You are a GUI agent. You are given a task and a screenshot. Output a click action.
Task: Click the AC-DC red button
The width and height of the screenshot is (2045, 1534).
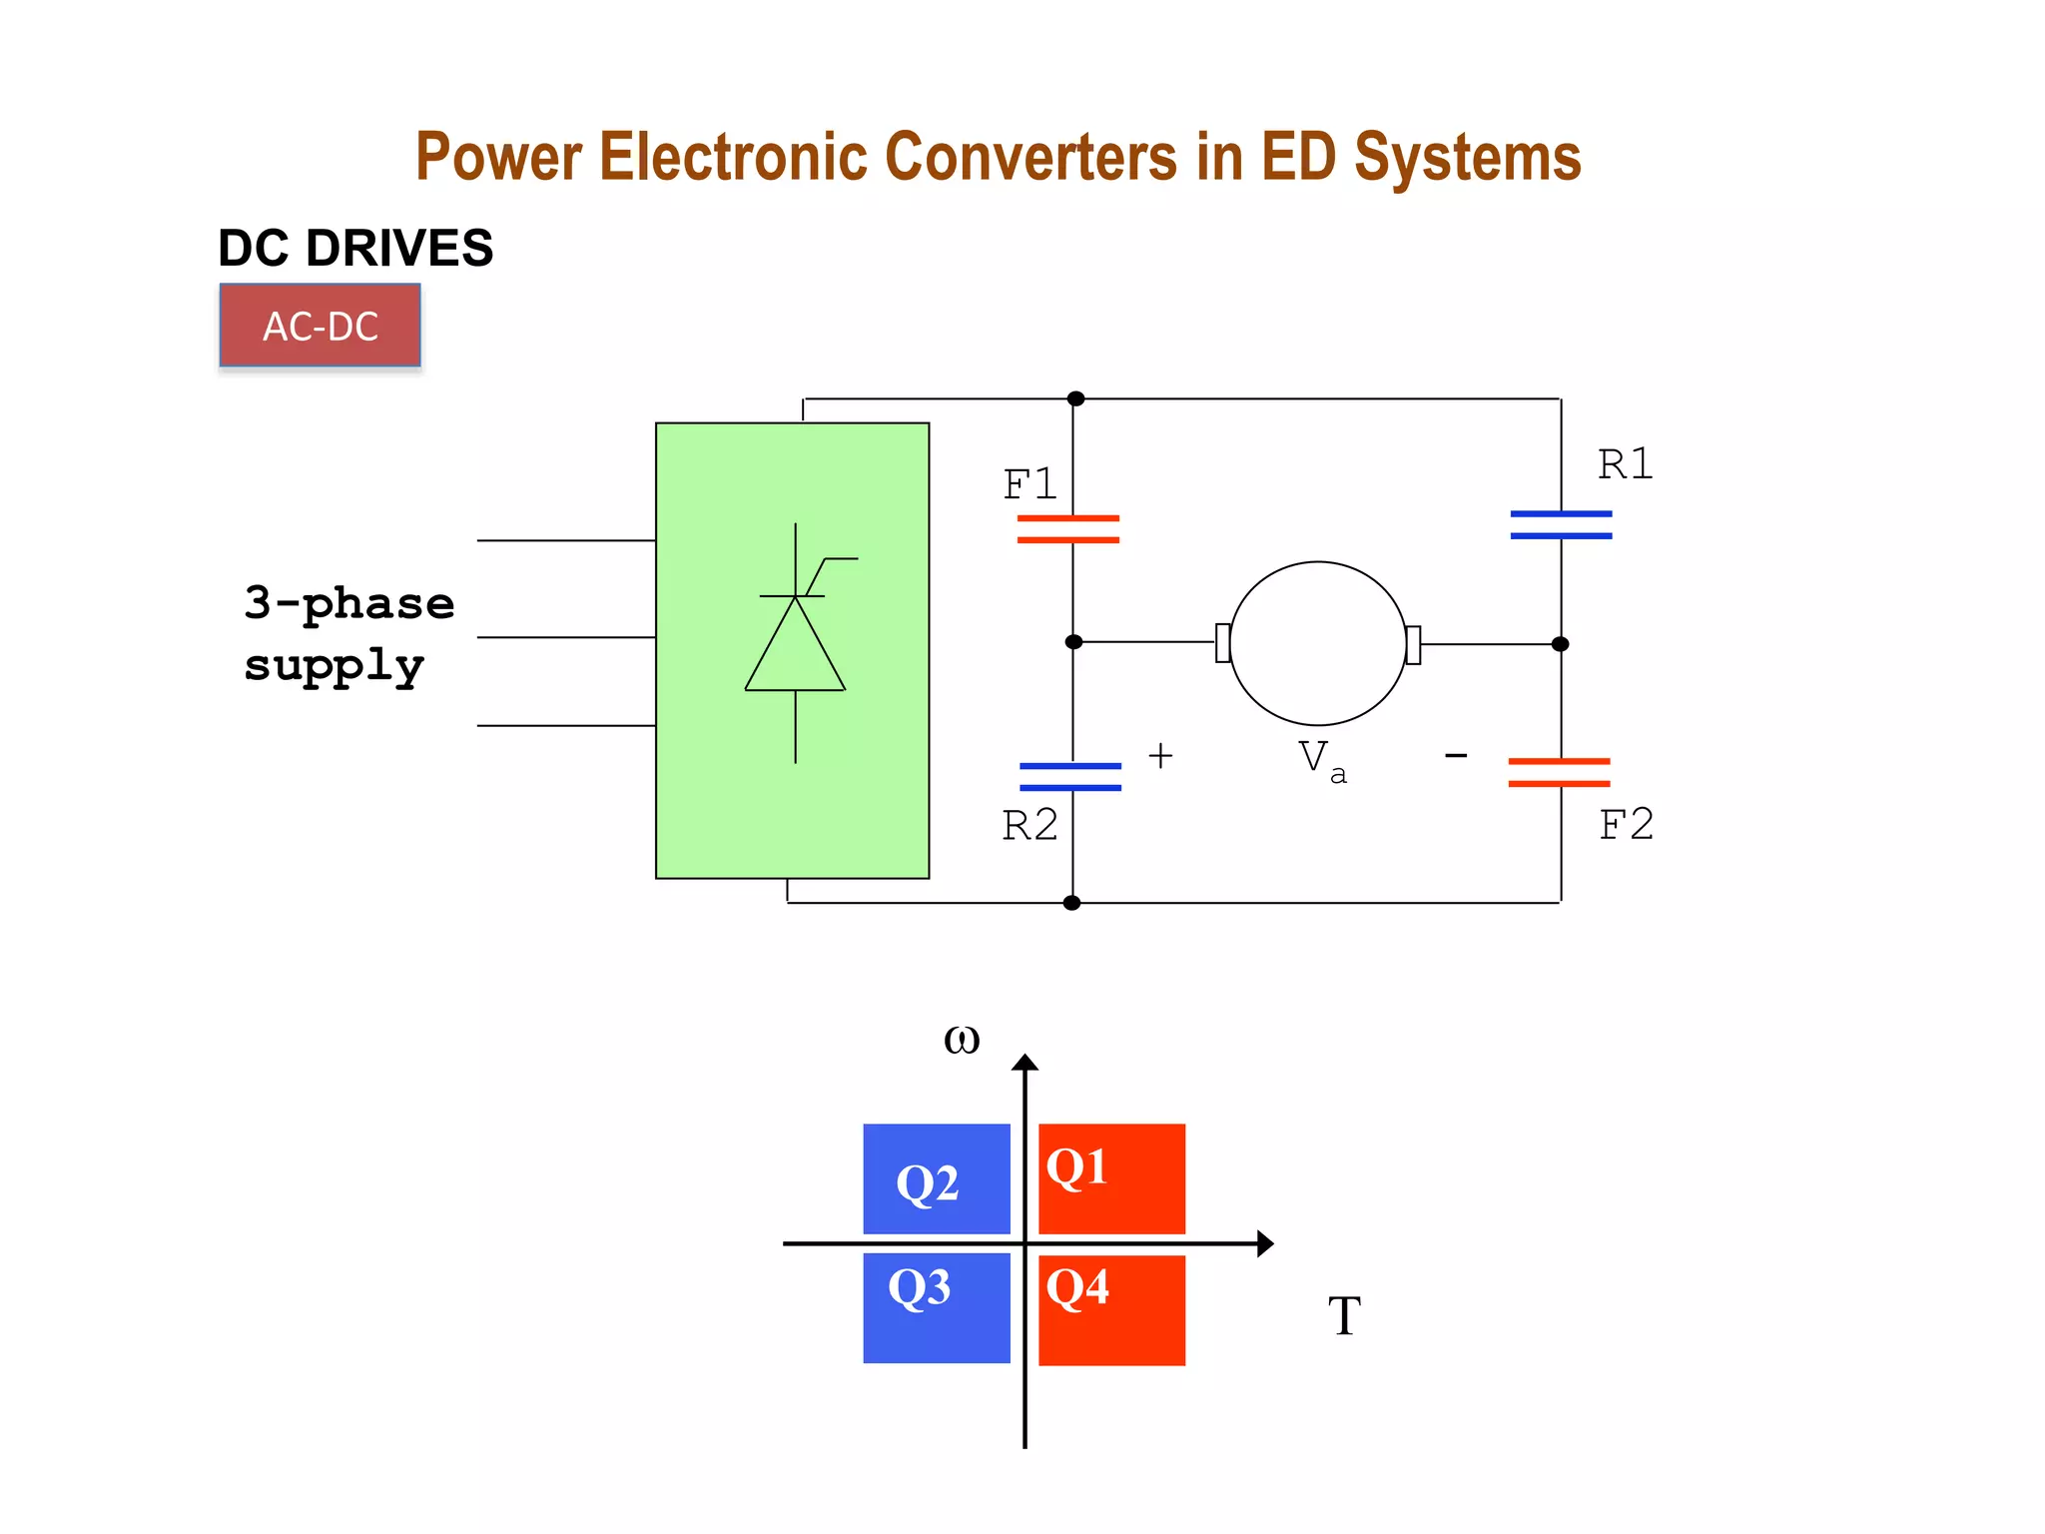coord(320,326)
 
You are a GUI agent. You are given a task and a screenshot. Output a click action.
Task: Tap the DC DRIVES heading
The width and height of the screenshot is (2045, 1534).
coord(355,248)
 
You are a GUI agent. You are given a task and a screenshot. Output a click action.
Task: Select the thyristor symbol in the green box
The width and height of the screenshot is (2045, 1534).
coord(796,643)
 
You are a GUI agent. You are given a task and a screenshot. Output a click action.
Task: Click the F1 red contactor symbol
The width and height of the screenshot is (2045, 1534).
coord(1068,528)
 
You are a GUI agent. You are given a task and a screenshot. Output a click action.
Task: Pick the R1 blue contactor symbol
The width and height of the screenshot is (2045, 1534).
coord(1561,524)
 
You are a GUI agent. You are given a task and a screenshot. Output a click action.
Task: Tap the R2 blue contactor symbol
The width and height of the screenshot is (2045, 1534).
coord(1070,777)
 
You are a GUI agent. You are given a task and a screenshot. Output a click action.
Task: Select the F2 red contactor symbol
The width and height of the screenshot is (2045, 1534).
coord(1559,772)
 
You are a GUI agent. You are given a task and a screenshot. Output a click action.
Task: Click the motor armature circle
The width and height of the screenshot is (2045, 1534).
coord(1317,643)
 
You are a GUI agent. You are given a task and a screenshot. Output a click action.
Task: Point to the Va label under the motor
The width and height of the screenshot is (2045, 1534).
coord(1321,761)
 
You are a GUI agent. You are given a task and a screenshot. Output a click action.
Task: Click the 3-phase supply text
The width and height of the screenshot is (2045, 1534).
coord(348,634)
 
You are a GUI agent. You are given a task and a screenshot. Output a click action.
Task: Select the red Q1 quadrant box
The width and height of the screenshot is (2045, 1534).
coord(1111,1178)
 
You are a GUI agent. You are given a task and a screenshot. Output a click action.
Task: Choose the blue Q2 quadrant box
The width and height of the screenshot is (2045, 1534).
coord(937,1178)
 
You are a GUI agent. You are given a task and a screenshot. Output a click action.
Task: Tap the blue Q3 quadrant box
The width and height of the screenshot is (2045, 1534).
coord(937,1308)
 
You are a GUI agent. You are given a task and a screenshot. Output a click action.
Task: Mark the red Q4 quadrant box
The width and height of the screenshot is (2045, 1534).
coord(1111,1310)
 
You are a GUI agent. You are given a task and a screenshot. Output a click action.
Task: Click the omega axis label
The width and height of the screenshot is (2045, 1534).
coord(962,1041)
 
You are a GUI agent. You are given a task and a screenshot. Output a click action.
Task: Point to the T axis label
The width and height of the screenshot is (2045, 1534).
coord(1344,1315)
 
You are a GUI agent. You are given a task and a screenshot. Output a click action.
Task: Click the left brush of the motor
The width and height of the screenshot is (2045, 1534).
coord(1223,642)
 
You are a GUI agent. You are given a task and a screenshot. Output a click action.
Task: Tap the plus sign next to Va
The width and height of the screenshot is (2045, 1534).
coord(1160,756)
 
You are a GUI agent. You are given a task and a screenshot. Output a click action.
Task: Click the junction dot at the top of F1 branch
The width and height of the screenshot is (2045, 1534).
coord(1075,398)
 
